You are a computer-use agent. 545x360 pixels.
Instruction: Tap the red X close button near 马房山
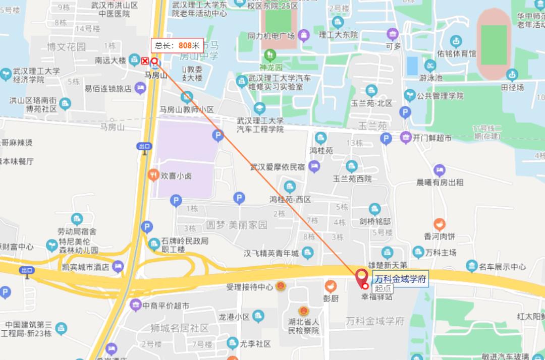145,62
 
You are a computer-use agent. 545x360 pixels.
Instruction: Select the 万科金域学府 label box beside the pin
401,279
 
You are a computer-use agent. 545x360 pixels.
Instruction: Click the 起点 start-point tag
383,288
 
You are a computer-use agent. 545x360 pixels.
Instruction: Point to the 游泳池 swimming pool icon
430,66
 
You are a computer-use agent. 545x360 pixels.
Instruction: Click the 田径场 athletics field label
512,87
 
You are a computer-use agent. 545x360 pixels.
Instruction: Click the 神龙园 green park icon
270,54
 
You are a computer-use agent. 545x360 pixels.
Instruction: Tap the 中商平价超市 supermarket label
166,306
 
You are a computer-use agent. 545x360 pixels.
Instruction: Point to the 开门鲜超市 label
432,138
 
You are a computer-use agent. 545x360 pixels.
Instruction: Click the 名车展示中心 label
502,267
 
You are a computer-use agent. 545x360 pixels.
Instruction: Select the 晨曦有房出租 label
440,182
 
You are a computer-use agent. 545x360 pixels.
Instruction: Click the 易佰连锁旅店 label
107,88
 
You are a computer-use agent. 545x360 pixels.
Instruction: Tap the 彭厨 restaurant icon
331,286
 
